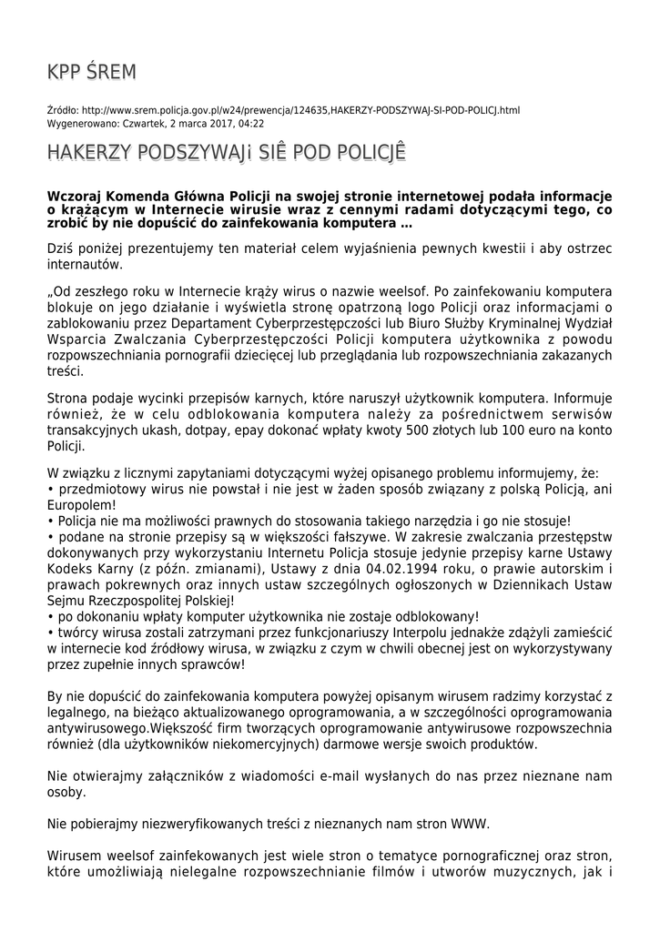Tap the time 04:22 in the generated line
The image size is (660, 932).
pyautogui.click(x=252, y=123)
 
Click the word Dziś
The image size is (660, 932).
pyautogui.click(x=61, y=248)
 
